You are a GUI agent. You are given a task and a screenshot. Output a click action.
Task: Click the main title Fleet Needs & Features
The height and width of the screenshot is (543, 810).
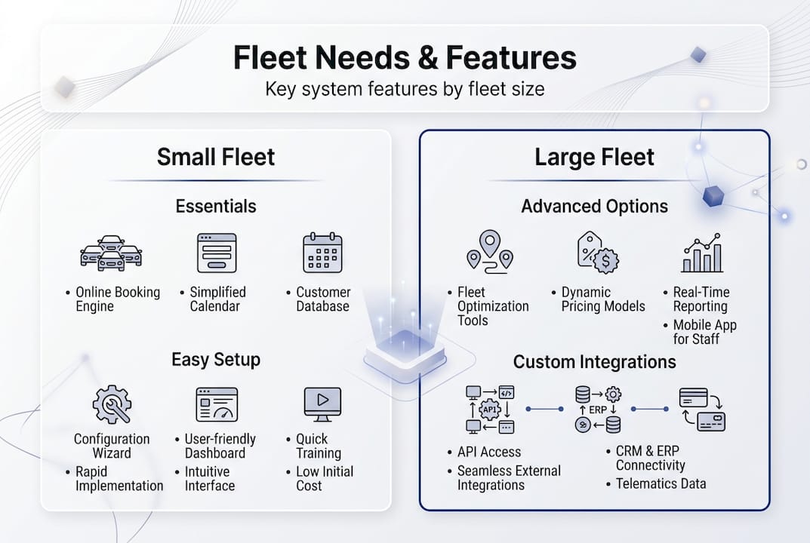[405, 58]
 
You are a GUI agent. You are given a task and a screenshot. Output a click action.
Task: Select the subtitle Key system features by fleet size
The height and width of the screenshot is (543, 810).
[405, 90]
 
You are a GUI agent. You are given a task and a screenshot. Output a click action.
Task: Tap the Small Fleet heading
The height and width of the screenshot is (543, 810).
[216, 157]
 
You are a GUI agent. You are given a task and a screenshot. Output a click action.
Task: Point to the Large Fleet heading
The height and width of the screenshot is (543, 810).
[594, 157]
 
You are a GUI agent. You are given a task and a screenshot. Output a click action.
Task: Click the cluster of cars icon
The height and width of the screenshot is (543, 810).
[111, 253]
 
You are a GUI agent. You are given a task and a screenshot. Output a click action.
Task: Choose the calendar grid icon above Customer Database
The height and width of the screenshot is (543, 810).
[322, 253]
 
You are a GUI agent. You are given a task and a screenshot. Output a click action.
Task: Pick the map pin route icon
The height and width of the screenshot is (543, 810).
[490, 251]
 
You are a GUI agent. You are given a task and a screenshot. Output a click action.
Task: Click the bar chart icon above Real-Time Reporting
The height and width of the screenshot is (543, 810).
[702, 253]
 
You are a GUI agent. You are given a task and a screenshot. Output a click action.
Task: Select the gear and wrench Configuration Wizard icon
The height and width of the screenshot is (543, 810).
[112, 404]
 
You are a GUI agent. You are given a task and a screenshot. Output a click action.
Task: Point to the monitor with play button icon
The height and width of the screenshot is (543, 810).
[322, 404]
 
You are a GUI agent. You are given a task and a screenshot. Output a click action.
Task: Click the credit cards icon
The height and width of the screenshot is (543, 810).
[701, 409]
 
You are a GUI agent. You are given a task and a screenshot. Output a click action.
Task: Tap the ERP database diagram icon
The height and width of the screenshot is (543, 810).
[597, 409]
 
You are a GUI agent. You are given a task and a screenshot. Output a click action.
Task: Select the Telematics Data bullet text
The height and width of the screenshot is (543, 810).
[661, 483]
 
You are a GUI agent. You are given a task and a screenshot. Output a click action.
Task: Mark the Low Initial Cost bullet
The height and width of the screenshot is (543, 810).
[324, 478]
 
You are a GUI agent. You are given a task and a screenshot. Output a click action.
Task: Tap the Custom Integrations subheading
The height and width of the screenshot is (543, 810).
[594, 362]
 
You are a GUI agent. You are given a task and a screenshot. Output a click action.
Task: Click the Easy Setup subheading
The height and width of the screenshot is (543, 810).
[216, 360]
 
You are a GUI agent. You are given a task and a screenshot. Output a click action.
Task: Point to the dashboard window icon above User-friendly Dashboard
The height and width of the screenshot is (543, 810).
[217, 404]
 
